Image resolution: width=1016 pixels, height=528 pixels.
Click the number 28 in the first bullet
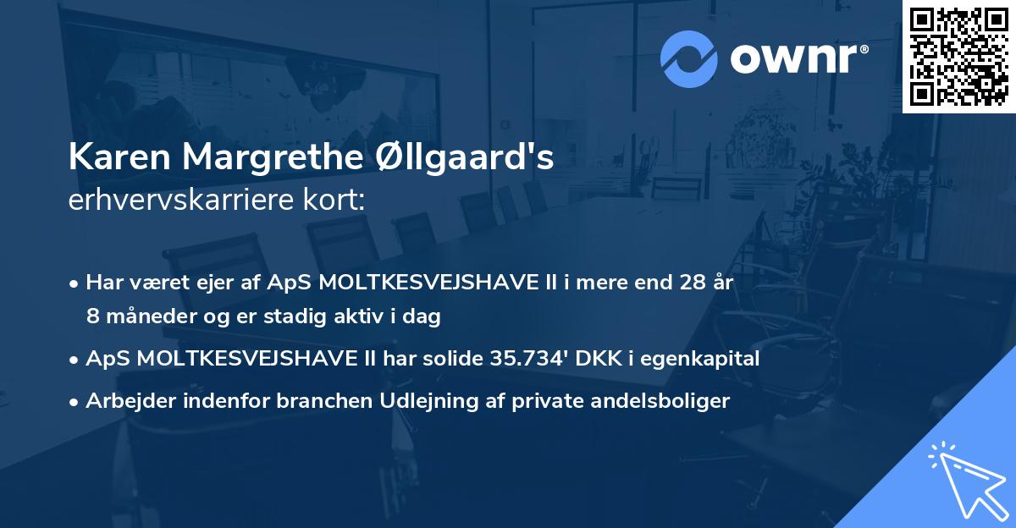pos(682,283)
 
